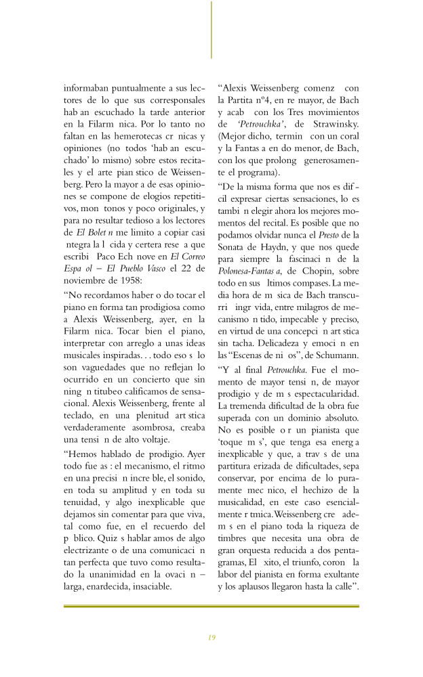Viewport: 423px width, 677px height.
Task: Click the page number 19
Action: [x=211, y=637]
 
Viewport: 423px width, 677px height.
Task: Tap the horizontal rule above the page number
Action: [x=211, y=606]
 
